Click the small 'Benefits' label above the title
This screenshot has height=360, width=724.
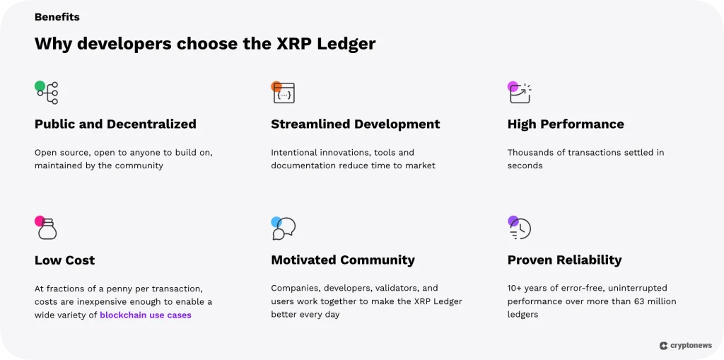pos(57,17)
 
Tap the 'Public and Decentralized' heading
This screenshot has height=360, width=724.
pos(115,124)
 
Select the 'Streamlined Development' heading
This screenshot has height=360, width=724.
pos(355,124)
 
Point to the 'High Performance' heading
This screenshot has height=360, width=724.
pos(566,124)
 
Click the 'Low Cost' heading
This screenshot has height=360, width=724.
pos(64,260)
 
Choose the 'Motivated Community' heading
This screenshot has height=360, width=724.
pos(343,260)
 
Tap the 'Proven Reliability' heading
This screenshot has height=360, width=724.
pos(564,260)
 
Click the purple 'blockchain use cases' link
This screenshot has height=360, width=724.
pos(146,315)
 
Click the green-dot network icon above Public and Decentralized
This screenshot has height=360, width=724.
pos(47,93)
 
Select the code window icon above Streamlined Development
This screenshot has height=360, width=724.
pos(283,93)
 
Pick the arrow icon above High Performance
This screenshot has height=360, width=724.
pos(520,93)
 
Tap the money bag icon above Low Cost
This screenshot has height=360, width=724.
pos(47,228)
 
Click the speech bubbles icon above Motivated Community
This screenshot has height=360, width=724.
pos(284,228)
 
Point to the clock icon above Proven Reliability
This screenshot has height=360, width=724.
pos(520,228)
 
